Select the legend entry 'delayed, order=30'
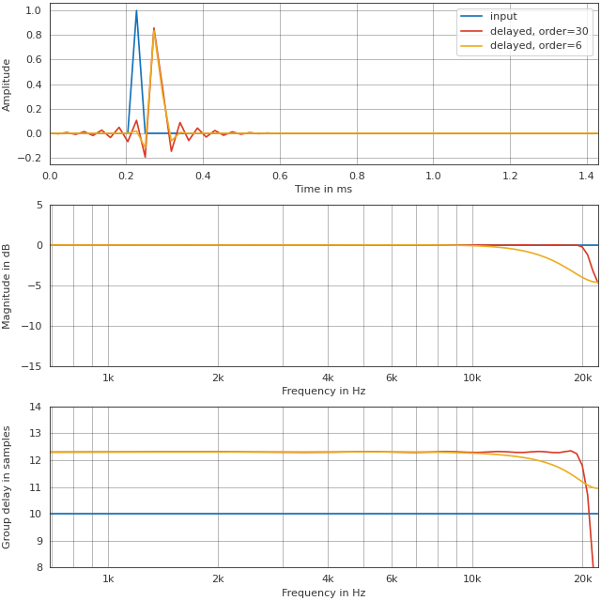[538, 31]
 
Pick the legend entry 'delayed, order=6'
[535, 46]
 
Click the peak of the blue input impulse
[136, 11]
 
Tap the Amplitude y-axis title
[8, 85]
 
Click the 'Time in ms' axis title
[323, 189]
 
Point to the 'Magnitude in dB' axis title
[8, 285]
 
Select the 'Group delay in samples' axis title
[8, 486]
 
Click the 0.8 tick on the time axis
[357, 176]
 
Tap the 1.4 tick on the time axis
[587, 176]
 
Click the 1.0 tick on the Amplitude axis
[34, 10]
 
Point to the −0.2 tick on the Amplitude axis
[31, 158]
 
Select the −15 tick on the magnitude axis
[32, 367]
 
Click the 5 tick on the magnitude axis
[39, 205]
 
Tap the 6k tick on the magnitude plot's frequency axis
[392, 378]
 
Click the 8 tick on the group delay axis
[39, 567]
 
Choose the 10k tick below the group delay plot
[471, 579]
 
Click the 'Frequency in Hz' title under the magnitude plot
[323, 391]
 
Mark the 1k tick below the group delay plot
[108, 579]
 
